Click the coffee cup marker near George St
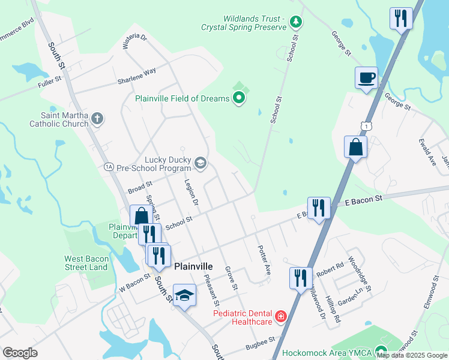click(366, 78)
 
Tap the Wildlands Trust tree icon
click(295, 23)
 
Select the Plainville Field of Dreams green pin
click(239, 98)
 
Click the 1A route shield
click(109, 166)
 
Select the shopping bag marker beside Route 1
click(355, 147)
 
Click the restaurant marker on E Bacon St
click(319, 209)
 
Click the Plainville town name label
click(193, 266)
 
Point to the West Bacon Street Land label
click(86, 263)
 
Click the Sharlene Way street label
click(136, 74)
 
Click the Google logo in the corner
click(20, 353)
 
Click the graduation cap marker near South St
click(185, 295)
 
